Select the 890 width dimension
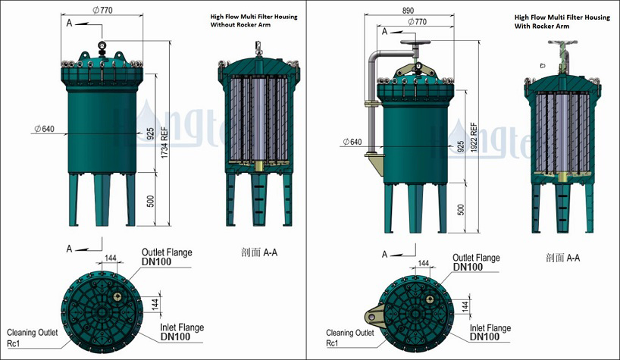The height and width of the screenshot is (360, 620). pos(409,11)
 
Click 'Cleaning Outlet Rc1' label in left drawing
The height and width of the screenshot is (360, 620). pos(33,337)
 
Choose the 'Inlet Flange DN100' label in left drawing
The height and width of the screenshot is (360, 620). pos(181,331)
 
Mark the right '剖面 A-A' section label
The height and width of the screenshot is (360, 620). pos(562,258)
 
